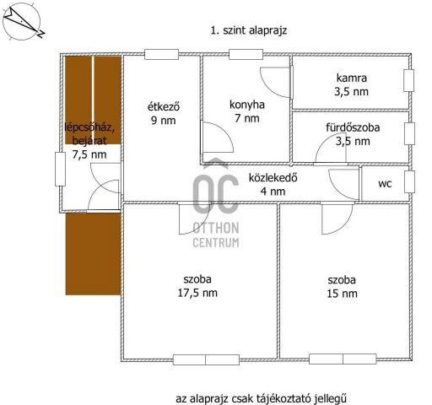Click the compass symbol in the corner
(24, 23)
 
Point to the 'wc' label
(385, 182)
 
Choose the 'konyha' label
(246, 105)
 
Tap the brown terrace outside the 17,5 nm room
(93, 252)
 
